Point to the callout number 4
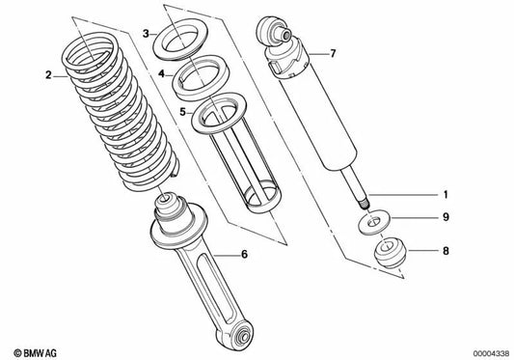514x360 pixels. [x=165, y=72]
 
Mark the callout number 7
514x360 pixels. [x=333, y=53]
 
